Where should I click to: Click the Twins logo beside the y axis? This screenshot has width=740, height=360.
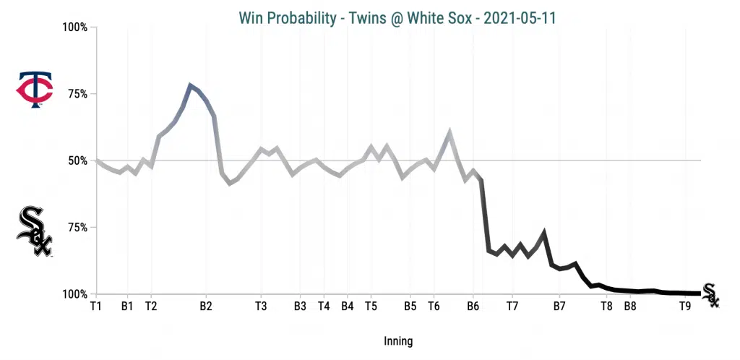(35, 90)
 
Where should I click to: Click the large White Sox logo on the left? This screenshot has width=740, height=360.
(35, 231)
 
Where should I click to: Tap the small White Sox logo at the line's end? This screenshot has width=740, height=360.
(710, 295)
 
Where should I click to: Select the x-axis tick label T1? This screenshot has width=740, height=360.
(95, 307)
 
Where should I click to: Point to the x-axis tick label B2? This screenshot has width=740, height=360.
(205, 307)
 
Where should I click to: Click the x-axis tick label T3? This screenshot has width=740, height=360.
(261, 307)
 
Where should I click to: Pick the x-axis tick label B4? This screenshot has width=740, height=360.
(347, 307)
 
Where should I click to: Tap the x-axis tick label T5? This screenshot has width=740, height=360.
(371, 307)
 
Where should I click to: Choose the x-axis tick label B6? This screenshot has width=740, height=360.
(473, 307)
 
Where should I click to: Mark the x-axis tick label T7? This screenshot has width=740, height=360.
(512, 307)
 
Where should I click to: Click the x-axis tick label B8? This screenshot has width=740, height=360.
(630, 307)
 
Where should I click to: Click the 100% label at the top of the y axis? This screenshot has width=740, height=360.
(74, 27)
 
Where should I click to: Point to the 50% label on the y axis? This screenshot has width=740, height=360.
(77, 160)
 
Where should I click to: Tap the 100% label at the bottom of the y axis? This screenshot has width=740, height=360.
(74, 294)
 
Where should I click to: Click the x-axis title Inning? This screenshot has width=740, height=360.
(398, 340)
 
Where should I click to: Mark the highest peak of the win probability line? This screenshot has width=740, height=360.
(190, 85)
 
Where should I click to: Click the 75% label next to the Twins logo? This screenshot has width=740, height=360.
(77, 94)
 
